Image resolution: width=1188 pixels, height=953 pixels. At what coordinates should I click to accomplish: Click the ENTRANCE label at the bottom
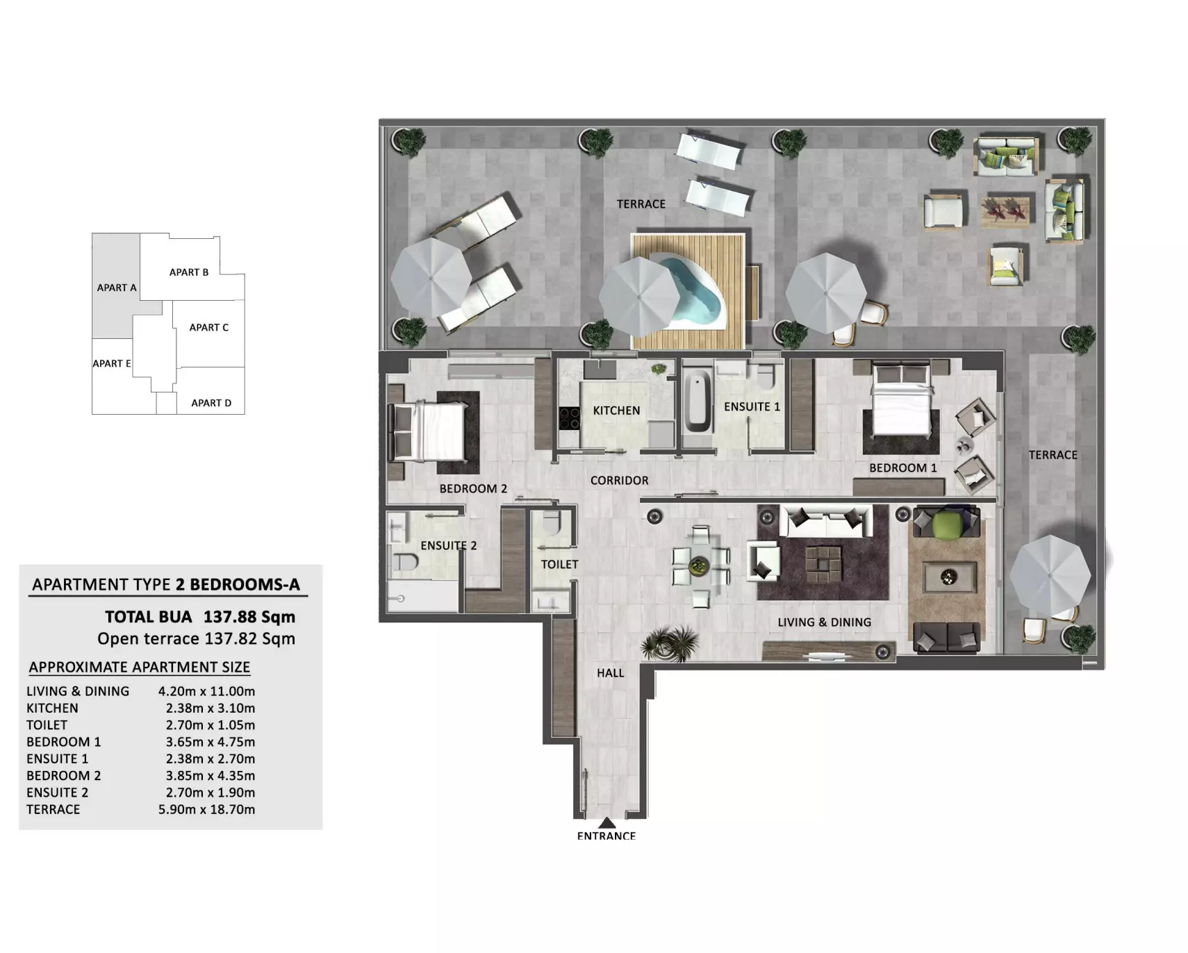(x=607, y=836)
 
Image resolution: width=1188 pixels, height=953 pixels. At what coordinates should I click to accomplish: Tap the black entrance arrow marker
(x=607, y=823)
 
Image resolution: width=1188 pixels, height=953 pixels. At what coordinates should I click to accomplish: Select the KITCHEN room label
(x=616, y=411)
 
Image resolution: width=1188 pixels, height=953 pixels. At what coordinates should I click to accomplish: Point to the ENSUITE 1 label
(x=752, y=406)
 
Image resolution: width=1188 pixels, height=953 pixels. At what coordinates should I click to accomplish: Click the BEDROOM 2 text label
(x=473, y=488)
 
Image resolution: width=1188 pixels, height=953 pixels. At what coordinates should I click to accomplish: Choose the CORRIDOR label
(x=619, y=480)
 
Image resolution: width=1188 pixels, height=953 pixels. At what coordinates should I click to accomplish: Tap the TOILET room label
(x=559, y=564)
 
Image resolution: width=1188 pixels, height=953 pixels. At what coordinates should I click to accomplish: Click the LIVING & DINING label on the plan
(x=824, y=622)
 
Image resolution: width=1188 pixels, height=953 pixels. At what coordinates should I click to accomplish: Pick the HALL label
(x=610, y=672)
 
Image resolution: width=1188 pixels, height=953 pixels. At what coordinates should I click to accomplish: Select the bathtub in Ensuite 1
(x=698, y=402)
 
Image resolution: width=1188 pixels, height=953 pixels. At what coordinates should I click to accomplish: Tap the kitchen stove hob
(x=570, y=417)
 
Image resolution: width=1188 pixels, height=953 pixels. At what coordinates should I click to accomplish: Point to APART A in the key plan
(x=117, y=288)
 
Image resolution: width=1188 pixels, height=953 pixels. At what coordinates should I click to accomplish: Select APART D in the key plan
(x=211, y=403)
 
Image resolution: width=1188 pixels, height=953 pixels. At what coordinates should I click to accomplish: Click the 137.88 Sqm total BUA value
(x=249, y=617)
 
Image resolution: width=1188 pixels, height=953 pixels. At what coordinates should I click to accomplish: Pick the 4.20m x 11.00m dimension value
(x=206, y=691)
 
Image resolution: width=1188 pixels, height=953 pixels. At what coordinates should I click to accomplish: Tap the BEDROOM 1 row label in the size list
(x=63, y=742)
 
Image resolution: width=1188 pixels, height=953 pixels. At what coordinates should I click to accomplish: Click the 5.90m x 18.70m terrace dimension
(x=206, y=809)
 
